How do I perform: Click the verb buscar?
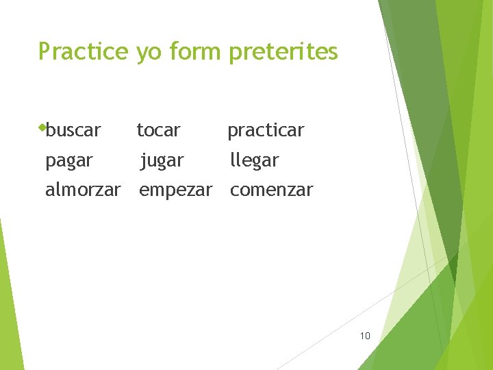(x=74, y=129)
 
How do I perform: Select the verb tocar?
(x=158, y=129)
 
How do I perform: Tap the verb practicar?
(x=266, y=130)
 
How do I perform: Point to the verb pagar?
(x=68, y=161)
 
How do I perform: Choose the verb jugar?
(x=162, y=161)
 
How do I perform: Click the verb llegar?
(x=255, y=161)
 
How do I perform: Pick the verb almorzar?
(x=83, y=190)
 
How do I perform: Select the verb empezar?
(x=175, y=190)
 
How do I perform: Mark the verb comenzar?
(x=271, y=190)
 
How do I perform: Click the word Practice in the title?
(x=83, y=51)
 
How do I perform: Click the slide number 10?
(x=364, y=336)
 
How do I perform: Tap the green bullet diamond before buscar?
(x=42, y=127)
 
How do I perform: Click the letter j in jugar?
(x=142, y=161)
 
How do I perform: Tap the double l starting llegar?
(x=234, y=160)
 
